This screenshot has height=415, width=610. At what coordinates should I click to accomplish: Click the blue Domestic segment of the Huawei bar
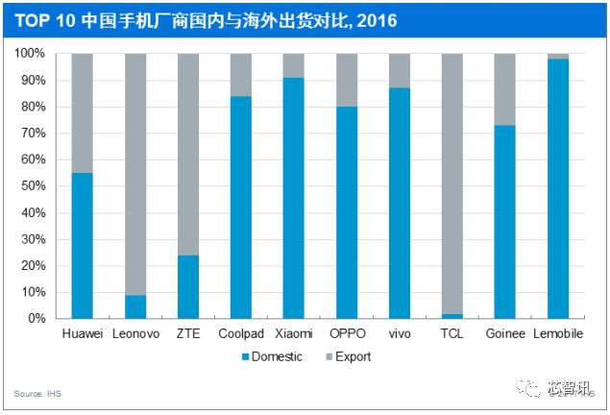click(83, 245)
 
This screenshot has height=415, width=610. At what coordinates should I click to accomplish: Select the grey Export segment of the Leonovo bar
click(135, 173)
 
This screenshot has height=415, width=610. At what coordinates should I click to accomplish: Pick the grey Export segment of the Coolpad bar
click(241, 75)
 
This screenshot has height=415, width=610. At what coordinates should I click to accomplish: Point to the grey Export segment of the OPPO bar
click(347, 80)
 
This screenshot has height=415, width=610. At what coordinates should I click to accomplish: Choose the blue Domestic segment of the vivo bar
click(400, 202)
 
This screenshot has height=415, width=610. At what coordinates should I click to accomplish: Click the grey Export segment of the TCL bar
click(451, 183)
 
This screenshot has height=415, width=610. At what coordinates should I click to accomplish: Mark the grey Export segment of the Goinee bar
click(504, 89)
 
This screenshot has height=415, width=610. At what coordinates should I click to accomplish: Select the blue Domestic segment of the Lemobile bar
click(557, 187)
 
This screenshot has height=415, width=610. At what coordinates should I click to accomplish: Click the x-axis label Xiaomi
click(294, 332)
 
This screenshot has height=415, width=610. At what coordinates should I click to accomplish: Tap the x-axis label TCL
click(451, 332)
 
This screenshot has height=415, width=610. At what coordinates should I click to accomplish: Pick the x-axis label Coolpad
click(241, 332)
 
